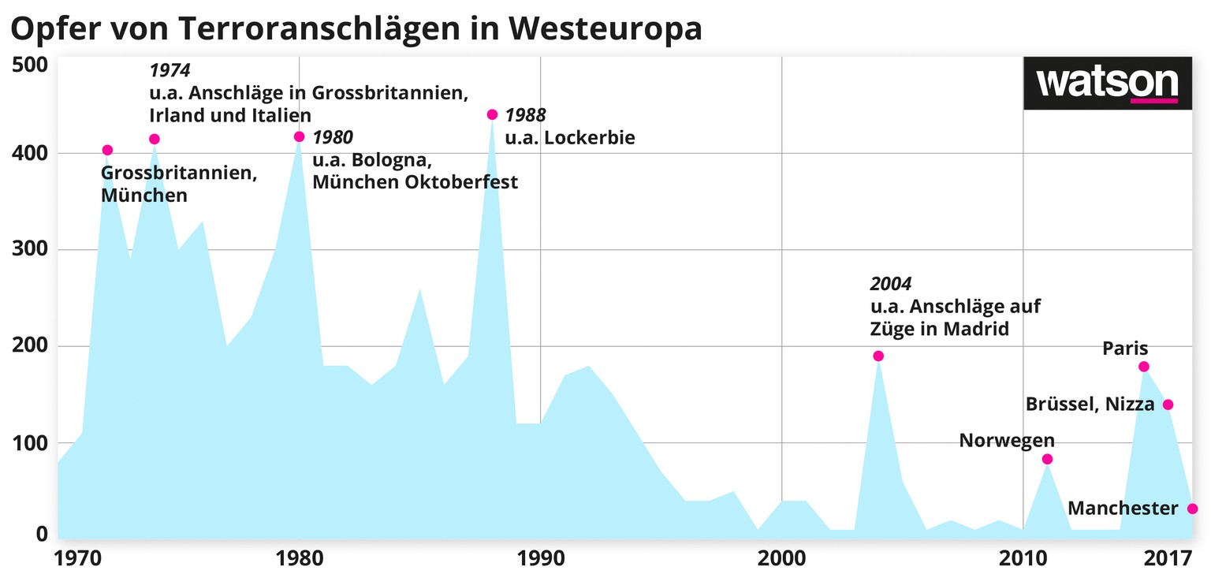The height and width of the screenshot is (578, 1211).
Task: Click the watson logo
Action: point(1107,83)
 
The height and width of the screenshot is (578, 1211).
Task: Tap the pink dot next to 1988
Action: point(493,114)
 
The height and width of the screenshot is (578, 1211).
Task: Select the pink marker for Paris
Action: point(1144,367)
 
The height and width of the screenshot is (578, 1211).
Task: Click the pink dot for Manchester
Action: point(1192,509)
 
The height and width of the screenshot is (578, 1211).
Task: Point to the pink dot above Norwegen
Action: point(1047,459)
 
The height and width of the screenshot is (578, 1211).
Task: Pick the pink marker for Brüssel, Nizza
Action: point(1168,405)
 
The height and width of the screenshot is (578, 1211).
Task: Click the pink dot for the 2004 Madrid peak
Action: point(878,356)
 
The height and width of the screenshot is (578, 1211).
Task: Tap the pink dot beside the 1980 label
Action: point(299,136)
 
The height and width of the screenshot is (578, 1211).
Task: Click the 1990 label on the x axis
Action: point(540,559)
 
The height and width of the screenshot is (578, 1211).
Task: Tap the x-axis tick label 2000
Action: point(781,559)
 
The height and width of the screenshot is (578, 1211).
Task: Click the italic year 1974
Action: point(170,71)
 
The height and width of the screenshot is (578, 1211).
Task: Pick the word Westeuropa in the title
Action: point(606,28)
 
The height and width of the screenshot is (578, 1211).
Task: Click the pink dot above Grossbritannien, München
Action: point(108,150)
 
